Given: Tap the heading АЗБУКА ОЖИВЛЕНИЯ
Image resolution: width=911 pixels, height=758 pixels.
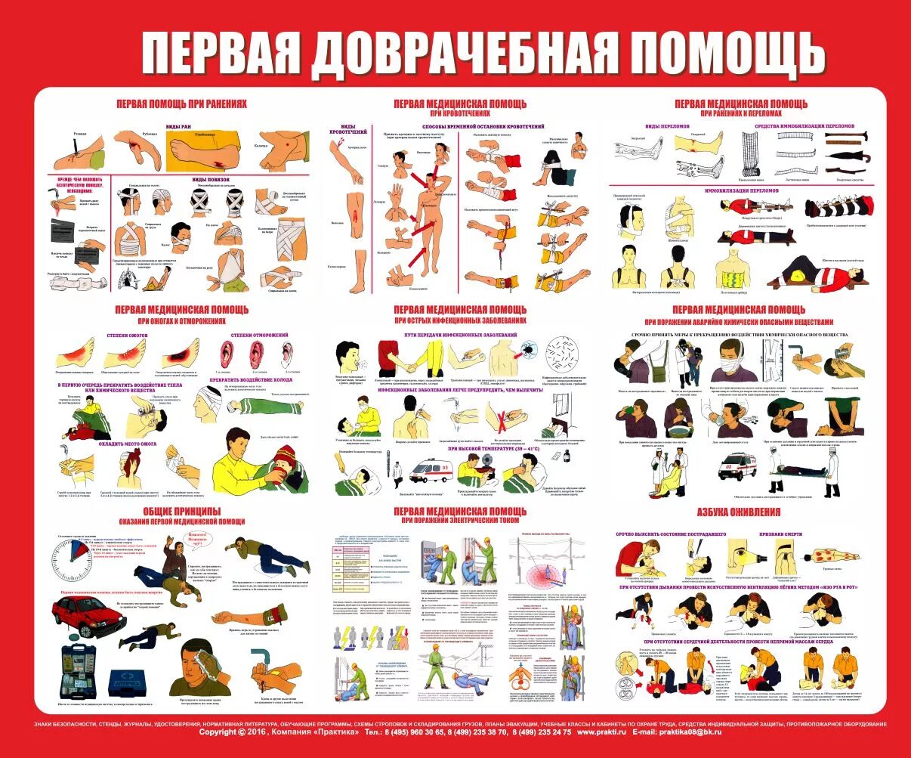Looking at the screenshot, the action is tap(739, 512).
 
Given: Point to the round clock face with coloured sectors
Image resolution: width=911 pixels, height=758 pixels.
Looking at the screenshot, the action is tap(73, 564).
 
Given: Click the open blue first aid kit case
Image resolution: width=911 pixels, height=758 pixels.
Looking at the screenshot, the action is tap(82, 671).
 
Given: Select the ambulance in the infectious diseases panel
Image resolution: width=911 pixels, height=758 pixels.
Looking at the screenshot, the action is tap(430, 472).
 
